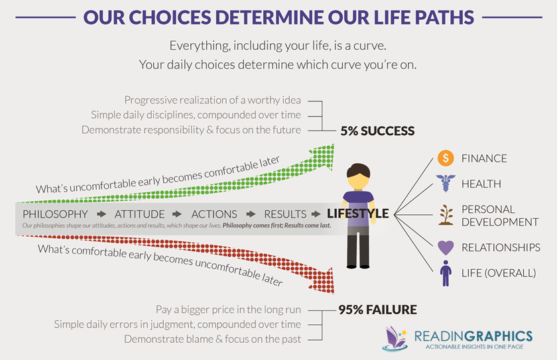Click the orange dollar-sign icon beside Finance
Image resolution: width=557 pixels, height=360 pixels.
click(445, 158)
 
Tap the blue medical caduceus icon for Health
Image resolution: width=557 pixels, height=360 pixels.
click(445, 183)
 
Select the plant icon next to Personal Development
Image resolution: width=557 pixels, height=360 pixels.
click(445, 214)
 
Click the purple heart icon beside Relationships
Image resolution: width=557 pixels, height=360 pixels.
click(445, 247)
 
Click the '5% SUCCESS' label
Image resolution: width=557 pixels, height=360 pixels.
click(377, 131)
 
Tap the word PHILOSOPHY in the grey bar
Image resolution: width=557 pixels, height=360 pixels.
click(55, 214)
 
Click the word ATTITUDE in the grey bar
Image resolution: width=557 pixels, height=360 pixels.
click(139, 214)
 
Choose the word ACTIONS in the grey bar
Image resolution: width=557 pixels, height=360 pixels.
click(214, 214)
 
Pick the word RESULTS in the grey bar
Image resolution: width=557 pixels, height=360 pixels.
click(285, 214)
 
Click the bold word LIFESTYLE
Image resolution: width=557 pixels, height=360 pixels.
click(357, 214)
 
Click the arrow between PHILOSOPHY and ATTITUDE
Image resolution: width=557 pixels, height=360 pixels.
click(101, 214)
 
